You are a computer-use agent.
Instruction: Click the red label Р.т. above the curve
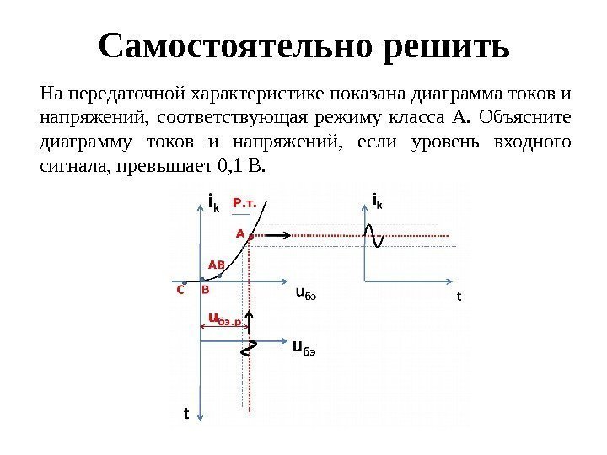tap(244, 201)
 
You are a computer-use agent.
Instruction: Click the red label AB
tap(217, 264)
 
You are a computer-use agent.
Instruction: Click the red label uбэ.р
tap(224, 319)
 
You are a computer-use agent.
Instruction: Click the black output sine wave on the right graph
tap(373, 234)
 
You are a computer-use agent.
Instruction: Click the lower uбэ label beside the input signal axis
tap(303, 347)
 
